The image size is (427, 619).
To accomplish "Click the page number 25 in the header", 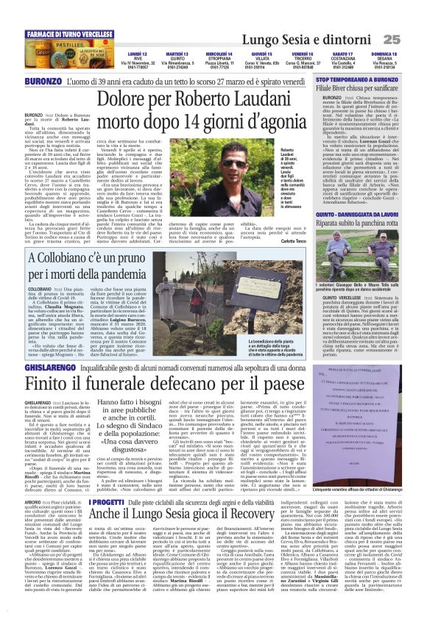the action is coord(411,38).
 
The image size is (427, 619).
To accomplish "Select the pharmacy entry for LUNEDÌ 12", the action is coord(137,60).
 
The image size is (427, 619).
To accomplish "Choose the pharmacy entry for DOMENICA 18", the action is coord(383,60).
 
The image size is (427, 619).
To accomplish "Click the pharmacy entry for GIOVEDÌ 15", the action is coord(261,60).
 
